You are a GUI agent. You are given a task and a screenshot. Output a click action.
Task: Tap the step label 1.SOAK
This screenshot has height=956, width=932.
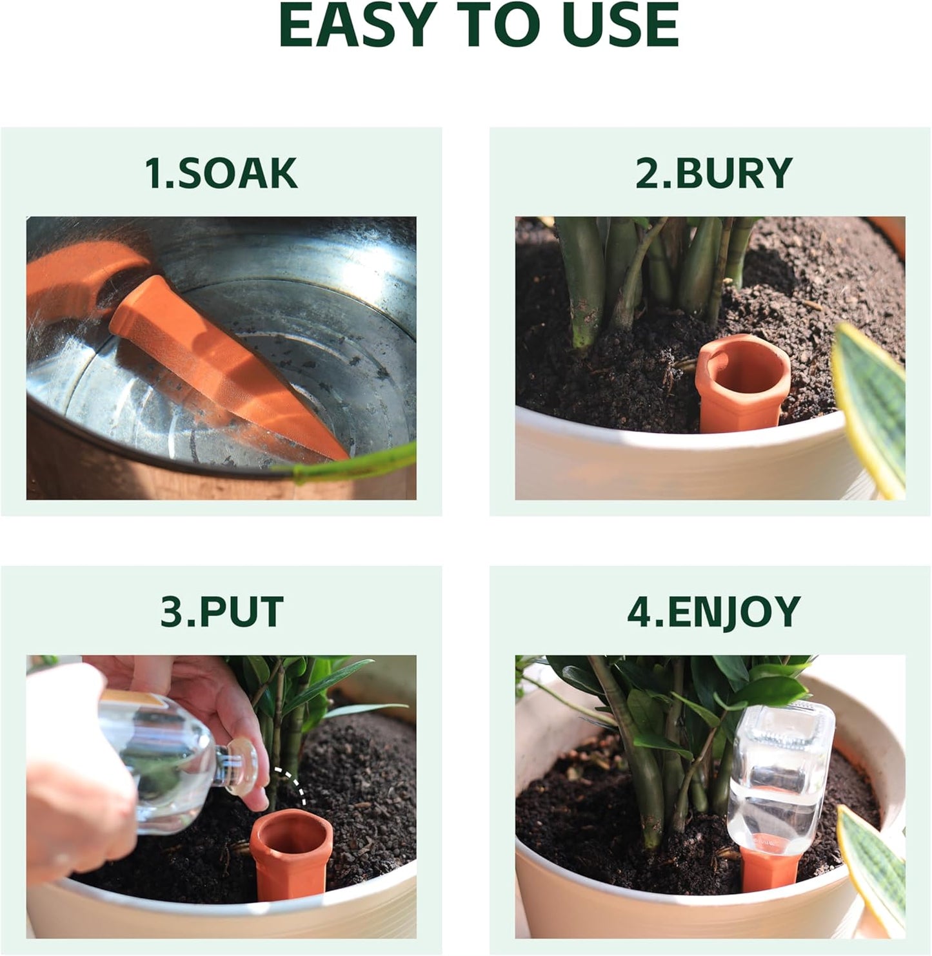(221, 173)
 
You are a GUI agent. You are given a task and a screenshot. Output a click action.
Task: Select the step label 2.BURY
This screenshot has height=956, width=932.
(713, 173)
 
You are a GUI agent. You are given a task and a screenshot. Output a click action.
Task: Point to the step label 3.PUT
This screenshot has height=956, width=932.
(222, 612)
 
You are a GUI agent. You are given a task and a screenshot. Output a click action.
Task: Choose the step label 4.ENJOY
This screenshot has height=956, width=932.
(713, 612)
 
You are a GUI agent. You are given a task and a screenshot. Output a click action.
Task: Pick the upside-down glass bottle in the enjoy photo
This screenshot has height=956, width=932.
(780, 774)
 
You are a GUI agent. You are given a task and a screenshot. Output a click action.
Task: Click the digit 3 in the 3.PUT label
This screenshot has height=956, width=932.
(173, 612)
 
